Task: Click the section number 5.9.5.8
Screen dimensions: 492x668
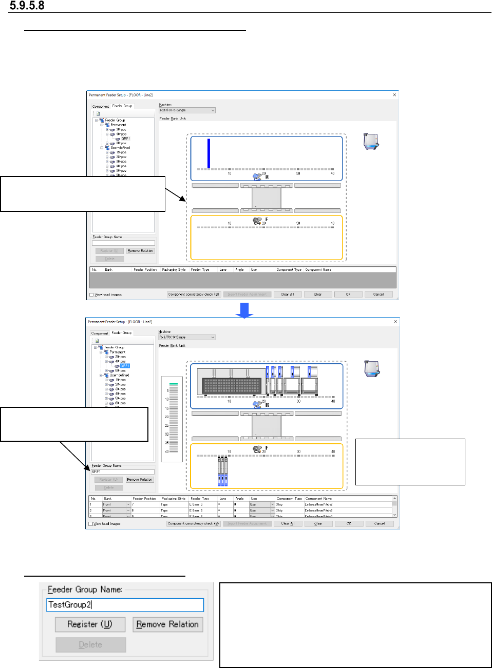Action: coord(27,6)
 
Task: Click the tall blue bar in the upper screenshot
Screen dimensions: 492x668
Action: coord(209,153)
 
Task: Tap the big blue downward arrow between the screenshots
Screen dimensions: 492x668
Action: coord(244,310)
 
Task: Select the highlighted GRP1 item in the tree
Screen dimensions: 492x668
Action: coord(125,366)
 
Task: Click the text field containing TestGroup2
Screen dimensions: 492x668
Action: coord(125,605)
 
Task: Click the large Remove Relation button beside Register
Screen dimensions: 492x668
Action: coord(167,624)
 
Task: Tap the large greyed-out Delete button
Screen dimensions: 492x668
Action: coord(90,645)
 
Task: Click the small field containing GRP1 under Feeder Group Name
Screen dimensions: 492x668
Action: coord(123,471)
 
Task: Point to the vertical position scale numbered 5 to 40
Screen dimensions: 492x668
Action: coord(172,419)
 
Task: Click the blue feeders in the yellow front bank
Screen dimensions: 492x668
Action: coord(222,471)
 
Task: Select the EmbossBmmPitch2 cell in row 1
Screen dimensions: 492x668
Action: coord(318,504)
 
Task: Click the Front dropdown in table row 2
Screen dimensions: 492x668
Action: coord(117,510)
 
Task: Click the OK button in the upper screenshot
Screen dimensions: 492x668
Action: coord(348,294)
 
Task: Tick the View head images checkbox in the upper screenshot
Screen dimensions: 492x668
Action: coord(92,295)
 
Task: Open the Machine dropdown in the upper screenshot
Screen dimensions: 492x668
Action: coord(187,110)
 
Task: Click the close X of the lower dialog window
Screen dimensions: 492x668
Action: coord(395,322)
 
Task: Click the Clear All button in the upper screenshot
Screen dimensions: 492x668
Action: coord(287,294)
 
